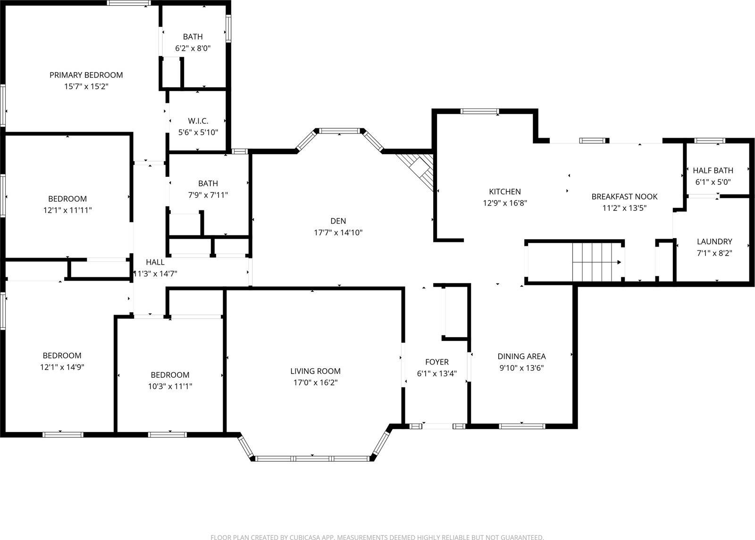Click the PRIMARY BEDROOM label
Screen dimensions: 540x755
click(86, 75)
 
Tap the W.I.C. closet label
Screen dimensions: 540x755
click(198, 121)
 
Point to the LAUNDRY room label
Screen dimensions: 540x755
click(714, 241)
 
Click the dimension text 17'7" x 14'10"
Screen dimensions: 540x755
click(338, 233)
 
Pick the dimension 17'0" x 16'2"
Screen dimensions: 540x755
click(315, 382)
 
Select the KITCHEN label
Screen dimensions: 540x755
click(504, 191)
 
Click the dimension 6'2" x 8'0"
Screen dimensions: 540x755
click(193, 48)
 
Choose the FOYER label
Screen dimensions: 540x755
click(436, 362)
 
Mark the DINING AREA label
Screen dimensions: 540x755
click(521, 356)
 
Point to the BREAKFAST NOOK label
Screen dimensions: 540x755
click(624, 196)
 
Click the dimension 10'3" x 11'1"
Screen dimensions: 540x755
click(170, 386)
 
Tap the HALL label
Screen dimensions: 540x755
click(155, 262)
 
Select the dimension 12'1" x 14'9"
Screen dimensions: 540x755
click(62, 367)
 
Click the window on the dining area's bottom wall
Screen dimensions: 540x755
click(522, 426)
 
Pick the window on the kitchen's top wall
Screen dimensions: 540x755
click(479, 111)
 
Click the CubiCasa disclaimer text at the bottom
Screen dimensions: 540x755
click(377, 537)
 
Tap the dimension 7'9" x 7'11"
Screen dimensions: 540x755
click(208, 195)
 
